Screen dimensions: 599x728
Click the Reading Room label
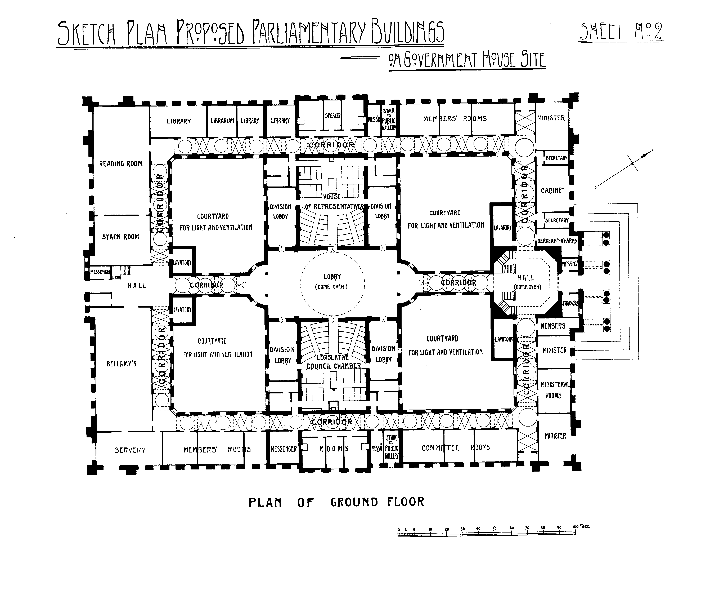[121, 164]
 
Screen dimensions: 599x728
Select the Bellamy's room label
[121, 364]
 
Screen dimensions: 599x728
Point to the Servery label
[130, 450]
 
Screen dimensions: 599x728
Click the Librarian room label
[222, 121]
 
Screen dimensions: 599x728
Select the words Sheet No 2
[621, 32]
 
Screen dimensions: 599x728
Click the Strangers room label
[570, 304]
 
